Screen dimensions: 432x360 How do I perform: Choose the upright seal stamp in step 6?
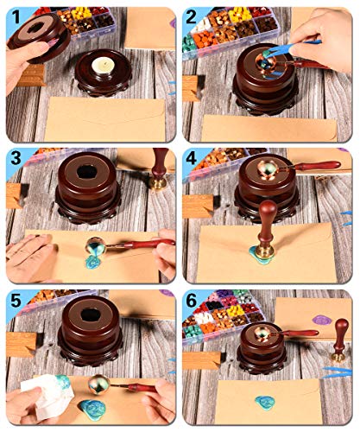pos(340,340)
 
